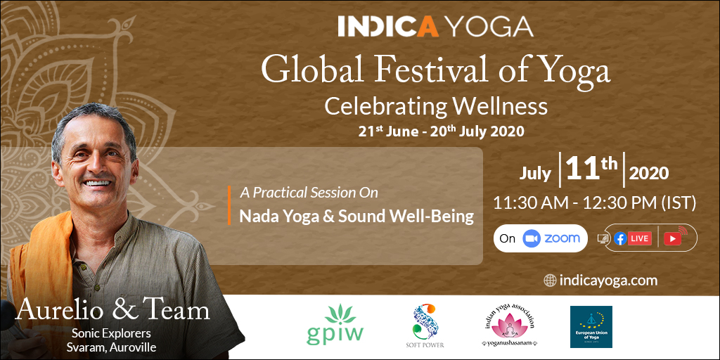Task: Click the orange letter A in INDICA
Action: click(x=427, y=27)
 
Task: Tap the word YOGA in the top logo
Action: click(x=489, y=27)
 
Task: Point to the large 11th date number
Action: click(x=591, y=170)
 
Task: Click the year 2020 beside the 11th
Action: click(x=648, y=173)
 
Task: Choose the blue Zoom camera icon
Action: click(x=532, y=238)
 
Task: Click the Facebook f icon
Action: click(x=620, y=238)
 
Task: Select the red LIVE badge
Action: click(x=640, y=238)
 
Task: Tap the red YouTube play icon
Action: click(x=672, y=239)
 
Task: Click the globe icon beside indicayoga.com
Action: click(x=550, y=280)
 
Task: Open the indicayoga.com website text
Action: click(x=608, y=281)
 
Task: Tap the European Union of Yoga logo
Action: click(x=591, y=327)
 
